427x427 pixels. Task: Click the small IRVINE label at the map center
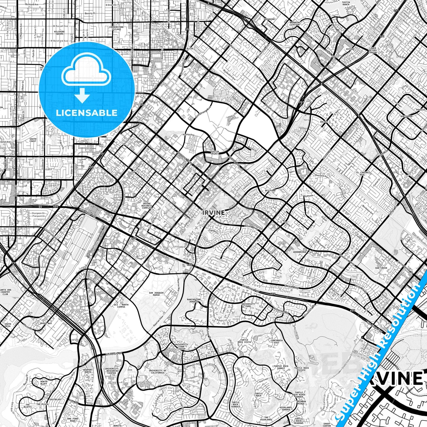pos(214,212)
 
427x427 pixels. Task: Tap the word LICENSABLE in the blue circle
pos(87,113)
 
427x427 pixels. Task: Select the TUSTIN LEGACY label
pos(215,152)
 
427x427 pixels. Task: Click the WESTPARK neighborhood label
pos(270,191)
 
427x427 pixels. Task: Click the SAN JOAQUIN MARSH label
pos(156,294)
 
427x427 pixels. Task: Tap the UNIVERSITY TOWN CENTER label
pos(181,347)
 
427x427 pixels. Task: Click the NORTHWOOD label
pos(406,116)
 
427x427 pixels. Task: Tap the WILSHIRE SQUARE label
pos(59,32)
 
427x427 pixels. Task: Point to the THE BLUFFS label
pos(27,406)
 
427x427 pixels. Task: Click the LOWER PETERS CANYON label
pos(373,50)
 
